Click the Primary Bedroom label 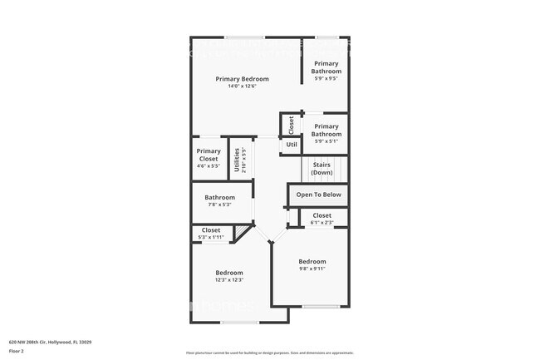tap(242, 79)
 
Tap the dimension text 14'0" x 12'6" tap(242, 86)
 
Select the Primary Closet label tap(209, 155)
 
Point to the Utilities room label tap(238, 159)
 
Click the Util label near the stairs tap(292, 145)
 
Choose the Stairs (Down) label tap(322, 169)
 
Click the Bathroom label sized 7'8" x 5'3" tap(220, 197)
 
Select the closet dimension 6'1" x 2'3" tap(322, 222)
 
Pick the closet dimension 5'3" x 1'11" tap(211, 237)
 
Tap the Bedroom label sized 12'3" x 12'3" tap(229, 273)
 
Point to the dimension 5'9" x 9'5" tap(326, 79)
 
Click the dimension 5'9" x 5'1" tap(326, 141)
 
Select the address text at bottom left tap(51, 342)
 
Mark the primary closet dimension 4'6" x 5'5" tap(209, 165)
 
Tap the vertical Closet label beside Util tap(292, 125)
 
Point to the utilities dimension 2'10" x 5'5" tap(244, 159)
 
